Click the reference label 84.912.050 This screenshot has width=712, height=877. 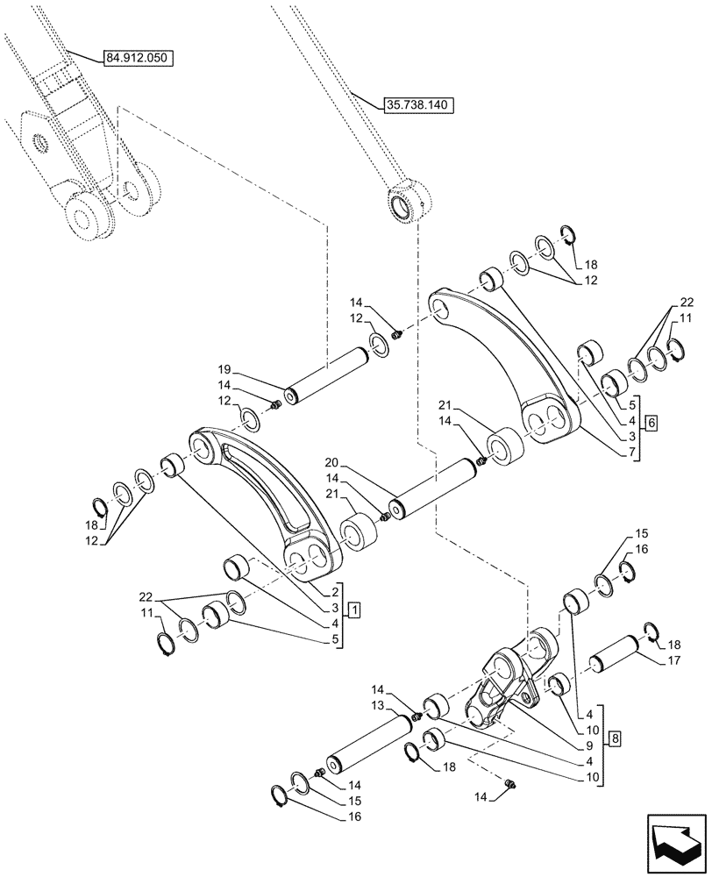[139, 58]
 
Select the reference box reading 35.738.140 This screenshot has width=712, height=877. [417, 104]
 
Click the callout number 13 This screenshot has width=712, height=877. [378, 705]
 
